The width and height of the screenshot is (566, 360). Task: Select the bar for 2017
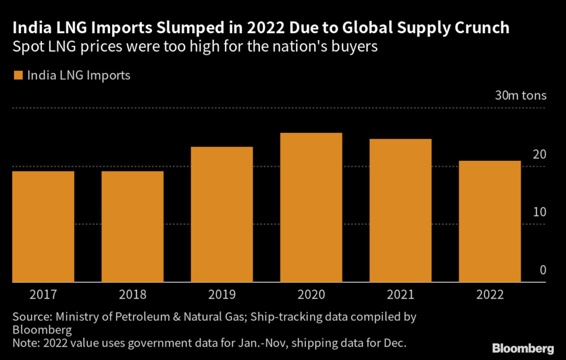click(43, 227)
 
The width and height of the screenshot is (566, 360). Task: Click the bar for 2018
click(133, 227)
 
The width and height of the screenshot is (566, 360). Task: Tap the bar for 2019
click(222, 215)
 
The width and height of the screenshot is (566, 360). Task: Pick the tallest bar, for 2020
click(311, 207)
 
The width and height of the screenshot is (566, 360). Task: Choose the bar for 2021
click(400, 211)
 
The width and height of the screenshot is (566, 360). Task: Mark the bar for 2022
click(490, 221)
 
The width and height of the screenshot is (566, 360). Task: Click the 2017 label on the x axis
click(43, 294)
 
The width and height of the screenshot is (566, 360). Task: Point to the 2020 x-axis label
click(311, 294)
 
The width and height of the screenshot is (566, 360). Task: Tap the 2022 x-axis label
click(490, 294)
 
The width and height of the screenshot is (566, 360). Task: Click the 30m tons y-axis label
click(520, 95)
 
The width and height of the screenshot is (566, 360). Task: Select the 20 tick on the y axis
click(539, 154)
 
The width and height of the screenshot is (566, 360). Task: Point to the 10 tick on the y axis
click(539, 212)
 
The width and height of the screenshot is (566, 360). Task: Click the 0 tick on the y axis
click(543, 270)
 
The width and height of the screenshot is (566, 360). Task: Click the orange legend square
click(17, 75)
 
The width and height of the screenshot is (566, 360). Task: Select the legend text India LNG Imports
click(78, 75)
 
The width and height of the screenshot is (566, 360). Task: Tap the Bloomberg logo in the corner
click(522, 348)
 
